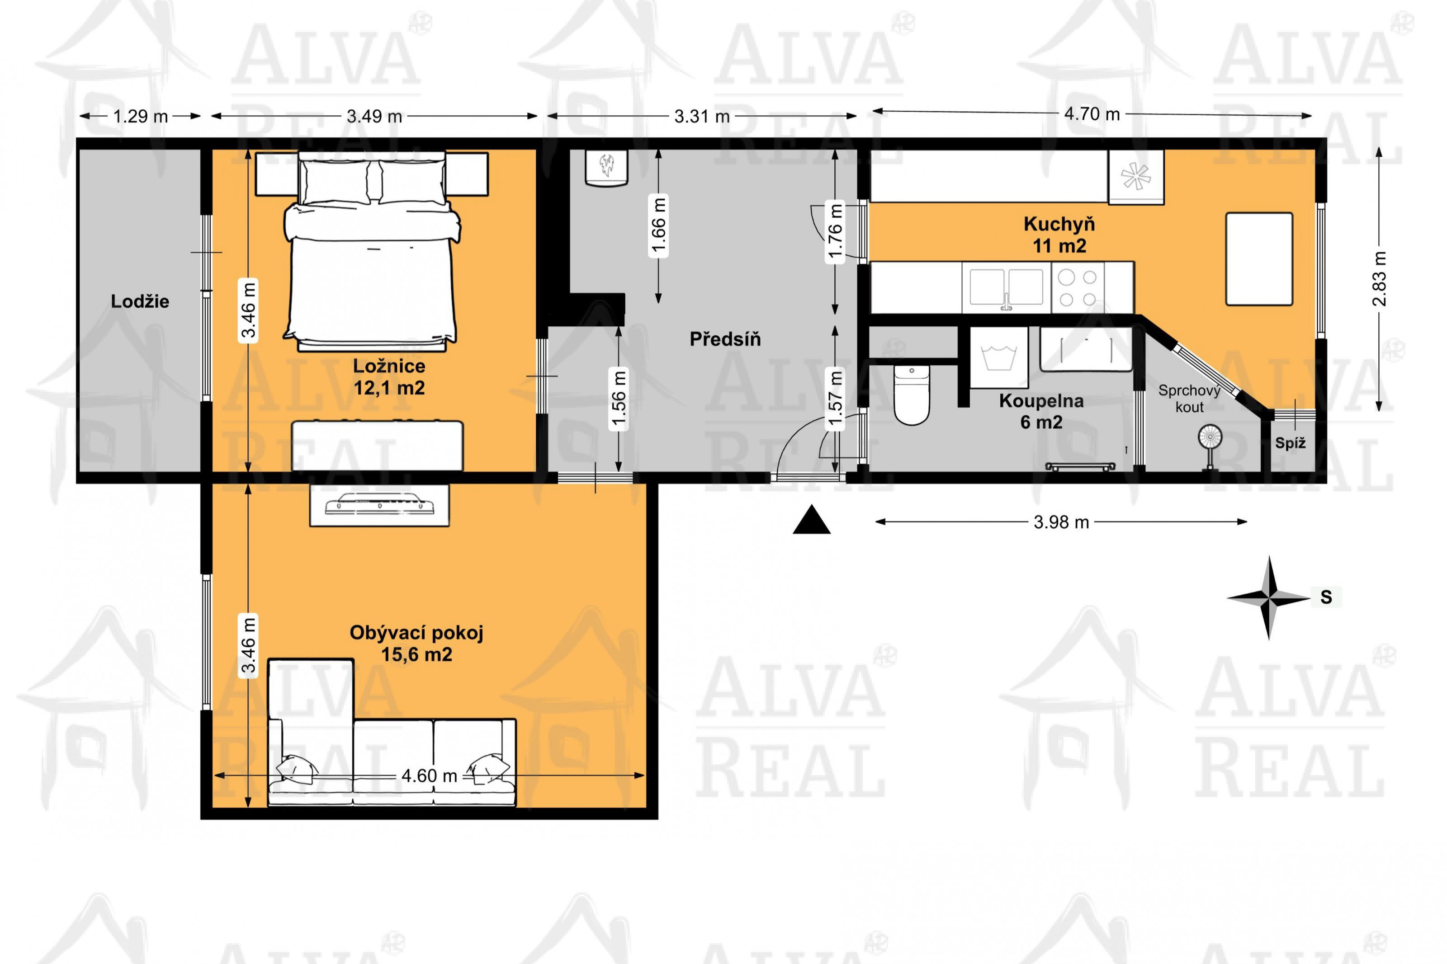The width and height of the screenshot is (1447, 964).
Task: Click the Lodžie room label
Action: pos(140,301)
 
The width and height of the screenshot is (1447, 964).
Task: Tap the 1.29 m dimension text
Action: pos(140,116)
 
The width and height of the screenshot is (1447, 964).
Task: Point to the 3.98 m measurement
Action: pos(1061,522)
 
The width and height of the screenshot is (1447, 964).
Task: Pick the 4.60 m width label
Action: pos(429,776)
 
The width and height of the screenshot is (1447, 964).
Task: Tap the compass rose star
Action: pos(1269,597)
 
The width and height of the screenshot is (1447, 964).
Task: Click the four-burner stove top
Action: pos(1078,288)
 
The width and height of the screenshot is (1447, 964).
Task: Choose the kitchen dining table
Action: pos(1259,259)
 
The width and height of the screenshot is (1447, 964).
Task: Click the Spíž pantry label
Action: pos(1290,442)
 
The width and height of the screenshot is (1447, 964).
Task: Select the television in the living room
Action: pos(379,505)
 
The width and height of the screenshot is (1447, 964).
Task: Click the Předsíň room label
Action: pos(725,339)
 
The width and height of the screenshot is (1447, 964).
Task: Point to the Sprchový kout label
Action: pos(1189,398)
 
